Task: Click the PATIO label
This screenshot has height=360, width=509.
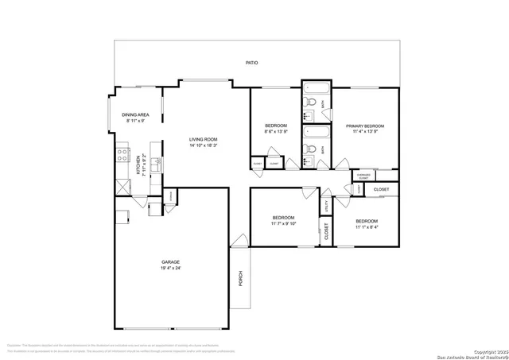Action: point(251,63)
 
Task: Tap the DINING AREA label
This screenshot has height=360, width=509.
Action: point(135,115)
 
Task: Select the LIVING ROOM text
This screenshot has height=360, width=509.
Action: point(204,140)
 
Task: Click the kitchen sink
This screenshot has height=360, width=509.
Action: point(157,165)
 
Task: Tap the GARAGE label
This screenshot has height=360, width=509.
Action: point(171,262)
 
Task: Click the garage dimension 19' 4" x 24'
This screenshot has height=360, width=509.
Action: point(171,269)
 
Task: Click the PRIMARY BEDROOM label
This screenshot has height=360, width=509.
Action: point(365,126)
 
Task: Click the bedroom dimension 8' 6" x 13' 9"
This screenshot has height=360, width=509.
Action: point(276,133)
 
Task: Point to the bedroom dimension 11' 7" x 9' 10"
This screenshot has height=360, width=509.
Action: point(284,224)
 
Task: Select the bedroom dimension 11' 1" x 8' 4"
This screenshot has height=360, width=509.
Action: point(367,226)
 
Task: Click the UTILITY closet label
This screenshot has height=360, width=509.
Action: point(326,205)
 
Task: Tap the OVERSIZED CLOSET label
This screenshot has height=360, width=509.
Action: point(363,176)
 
